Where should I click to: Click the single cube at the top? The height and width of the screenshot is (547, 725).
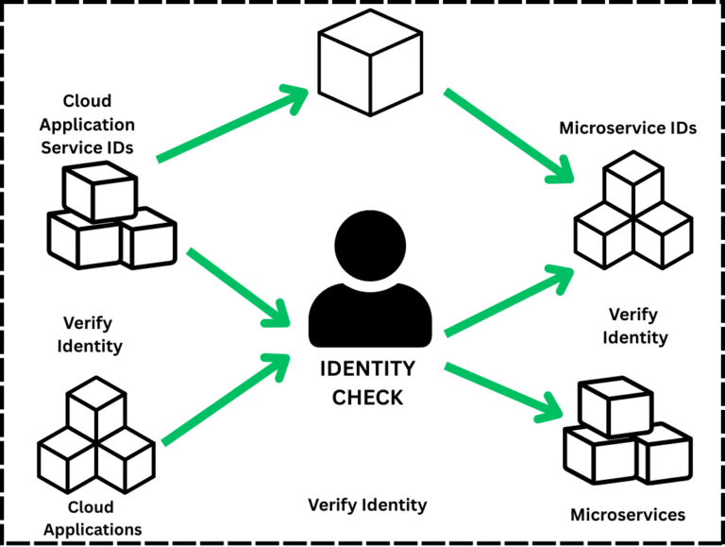[x=368, y=58]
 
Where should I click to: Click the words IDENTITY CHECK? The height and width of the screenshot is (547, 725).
[x=367, y=384]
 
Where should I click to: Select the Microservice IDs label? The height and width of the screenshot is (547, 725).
[x=628, y=128]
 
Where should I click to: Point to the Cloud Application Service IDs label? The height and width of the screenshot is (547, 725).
[x=87, y=124]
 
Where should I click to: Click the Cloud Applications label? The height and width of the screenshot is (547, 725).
[x=92, y=519]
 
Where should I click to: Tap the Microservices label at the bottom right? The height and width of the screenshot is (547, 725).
[x=628, y=515]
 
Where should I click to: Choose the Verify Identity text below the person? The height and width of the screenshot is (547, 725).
[x=367, y=505]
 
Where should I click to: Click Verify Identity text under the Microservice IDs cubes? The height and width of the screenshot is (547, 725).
[x=637, y=326]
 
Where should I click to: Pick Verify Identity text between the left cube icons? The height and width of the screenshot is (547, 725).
[x=92, y=334]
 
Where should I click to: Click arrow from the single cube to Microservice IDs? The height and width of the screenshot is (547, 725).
[x=510, y=135]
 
